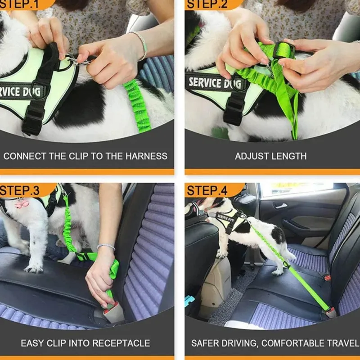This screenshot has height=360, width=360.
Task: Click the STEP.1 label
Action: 19,4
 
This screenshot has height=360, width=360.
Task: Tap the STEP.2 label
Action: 207,4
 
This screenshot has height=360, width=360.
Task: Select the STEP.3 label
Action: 20,190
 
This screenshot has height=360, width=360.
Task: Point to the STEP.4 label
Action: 207,190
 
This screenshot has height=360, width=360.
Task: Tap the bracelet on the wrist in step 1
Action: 140,45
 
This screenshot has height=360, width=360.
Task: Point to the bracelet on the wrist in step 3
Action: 106,246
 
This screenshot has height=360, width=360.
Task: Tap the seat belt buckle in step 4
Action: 331,313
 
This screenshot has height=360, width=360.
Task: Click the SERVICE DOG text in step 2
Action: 215,83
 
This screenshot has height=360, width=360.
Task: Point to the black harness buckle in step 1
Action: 32,121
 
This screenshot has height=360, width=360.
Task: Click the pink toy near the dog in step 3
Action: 22,203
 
